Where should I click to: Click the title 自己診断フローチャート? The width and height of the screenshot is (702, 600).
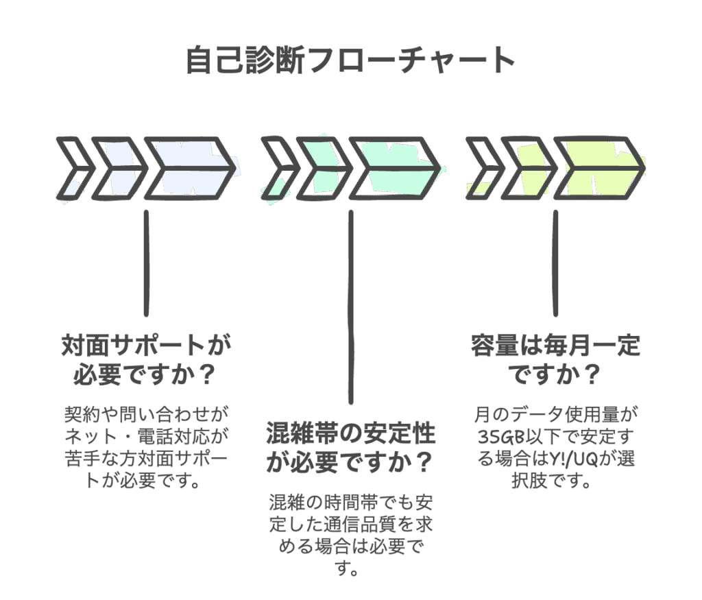click(350, 60)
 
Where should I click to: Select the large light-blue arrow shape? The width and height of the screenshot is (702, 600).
click(192, 169)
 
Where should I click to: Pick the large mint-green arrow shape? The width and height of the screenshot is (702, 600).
click(398, 169)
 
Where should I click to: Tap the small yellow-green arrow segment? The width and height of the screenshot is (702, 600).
click(531, 169)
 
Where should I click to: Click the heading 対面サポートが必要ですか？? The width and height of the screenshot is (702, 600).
click(145, 360)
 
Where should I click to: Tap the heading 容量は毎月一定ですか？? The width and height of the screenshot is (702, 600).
click(555, 360)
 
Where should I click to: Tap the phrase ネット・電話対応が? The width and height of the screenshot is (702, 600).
click(145, 436)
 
